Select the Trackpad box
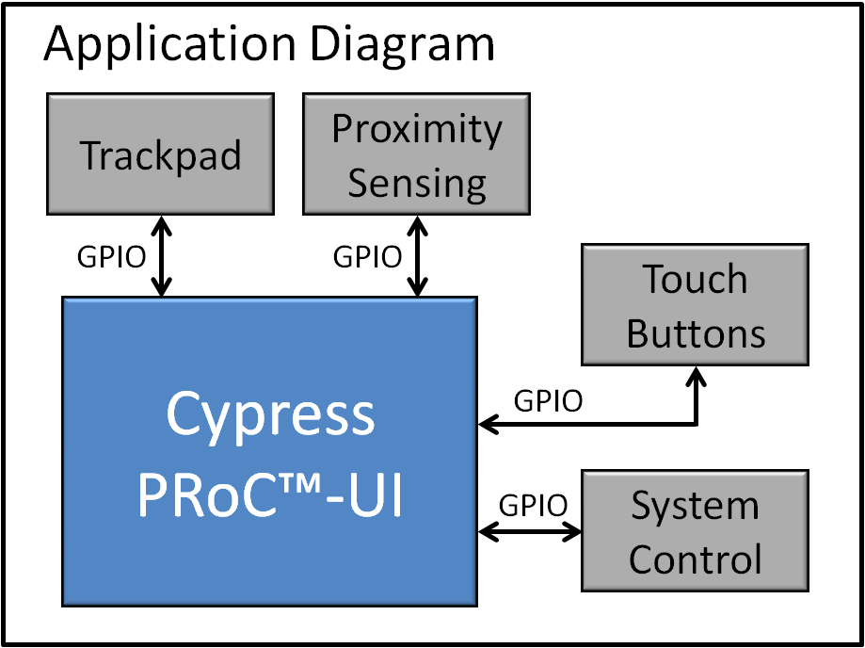pos(161,154)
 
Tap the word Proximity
pos(417,131)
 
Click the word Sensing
pos(417,184)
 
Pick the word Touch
pos(695,280)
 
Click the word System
pos(695,507)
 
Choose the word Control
pos(695,559)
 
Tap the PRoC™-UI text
pos(270,494)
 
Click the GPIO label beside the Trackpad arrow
pos(111,257)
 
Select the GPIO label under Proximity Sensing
pos(367,257)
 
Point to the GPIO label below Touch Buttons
pos(548,401)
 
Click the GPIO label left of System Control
pos(533,504)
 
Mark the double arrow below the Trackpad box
pos(161,256)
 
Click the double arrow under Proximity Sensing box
pos(418,256)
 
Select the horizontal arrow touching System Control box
pos(530,531)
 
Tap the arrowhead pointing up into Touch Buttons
pos(697,376)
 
